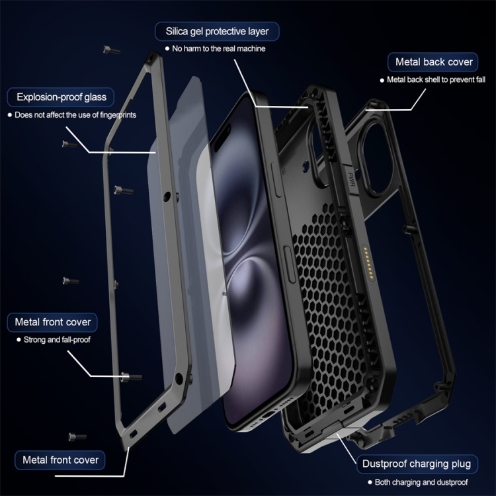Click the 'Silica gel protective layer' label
(x=217, y=31)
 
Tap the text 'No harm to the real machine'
(x=219, y=48)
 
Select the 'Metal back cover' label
(x=433, y=62)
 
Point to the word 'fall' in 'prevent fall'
(x=479, y=79)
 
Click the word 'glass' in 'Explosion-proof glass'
(x=95, y=97)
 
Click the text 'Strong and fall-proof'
(x=57, y=339)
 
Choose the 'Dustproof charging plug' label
(x=417, y=464)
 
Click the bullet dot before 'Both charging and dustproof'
(x=370, y=482)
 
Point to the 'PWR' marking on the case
(x=351, y=179)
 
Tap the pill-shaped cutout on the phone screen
(x=222, y=138)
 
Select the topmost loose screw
(x=111, y=50)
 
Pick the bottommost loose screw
(x=77, y=437)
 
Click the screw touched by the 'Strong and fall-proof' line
(x=131, y=376)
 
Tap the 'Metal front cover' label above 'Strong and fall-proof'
(x=52, y=322)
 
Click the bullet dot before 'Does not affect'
(x=9, y=115)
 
